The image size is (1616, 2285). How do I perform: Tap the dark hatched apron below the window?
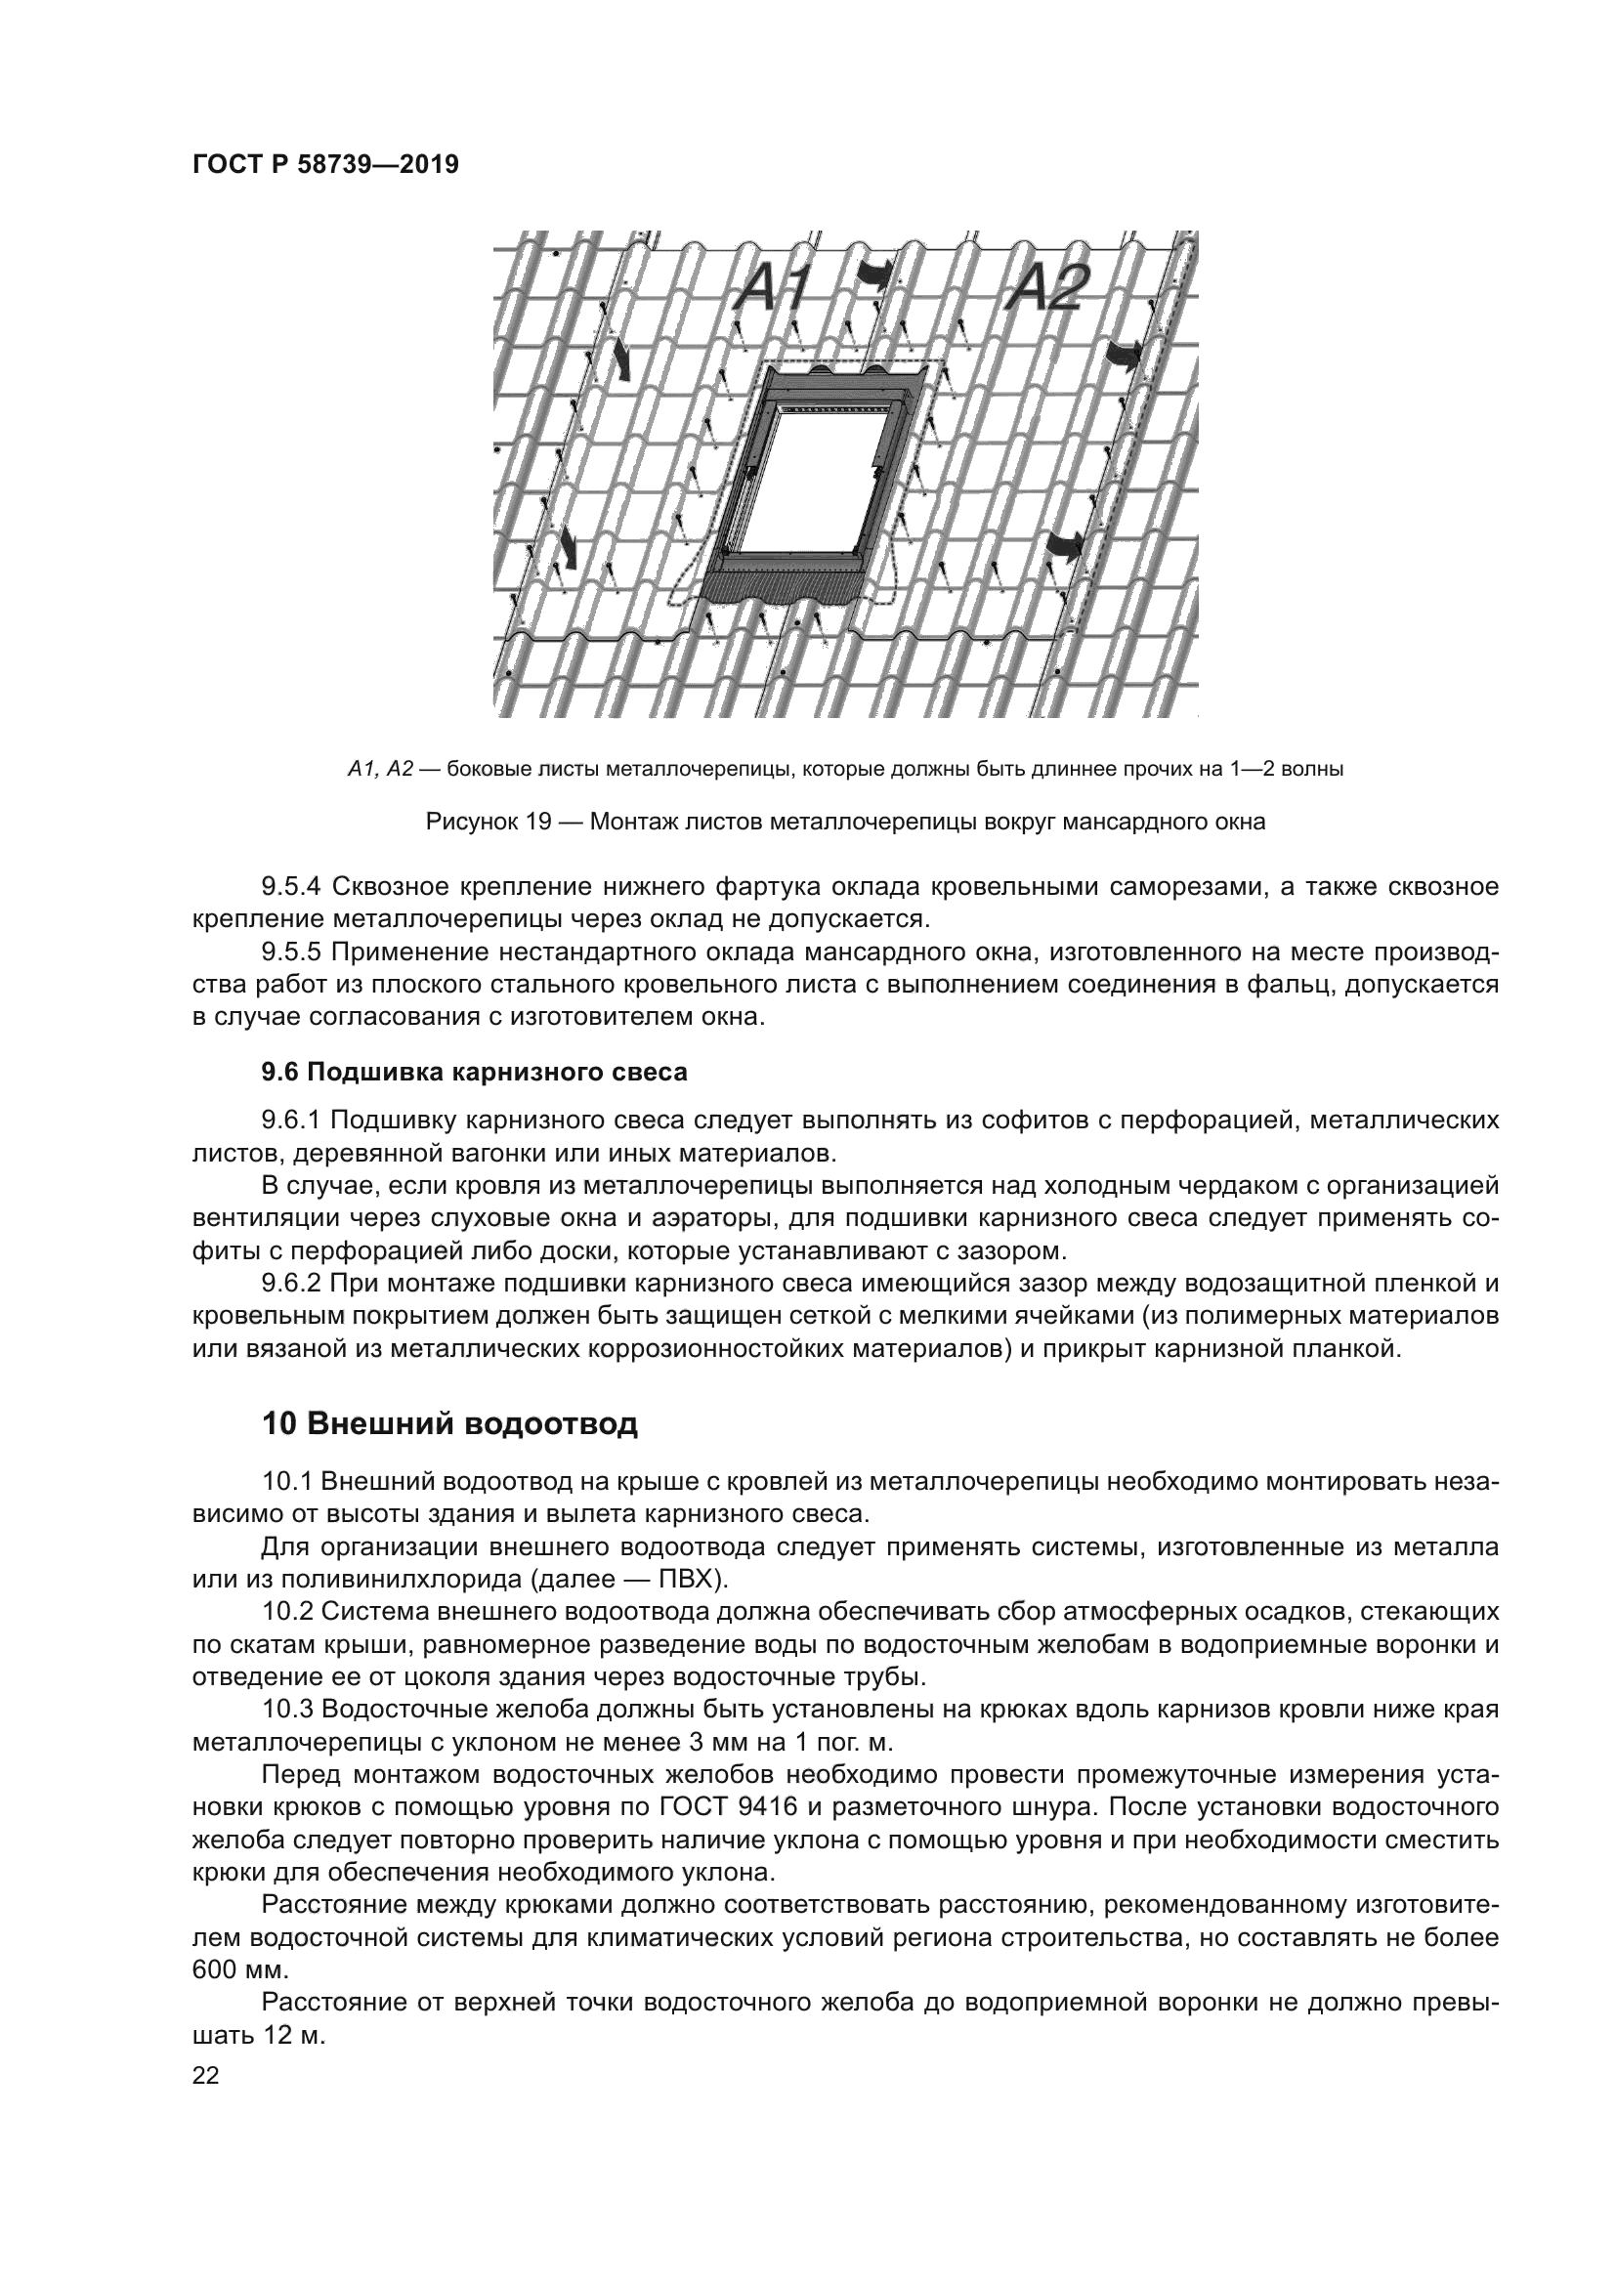[x=782, y=587]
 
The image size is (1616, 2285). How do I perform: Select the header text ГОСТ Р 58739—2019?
[x=325, y=165]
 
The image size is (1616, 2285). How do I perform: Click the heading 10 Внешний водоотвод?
[x=449, y=1424]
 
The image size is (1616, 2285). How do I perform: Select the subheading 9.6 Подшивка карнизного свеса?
[x=475, y=1073]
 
